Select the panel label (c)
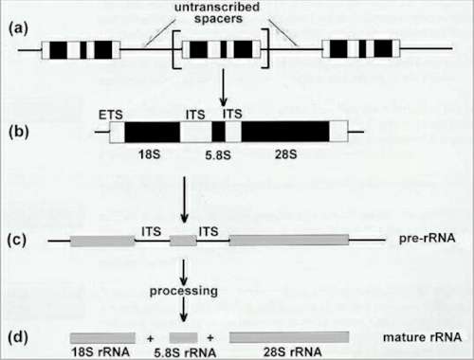pos(17,241)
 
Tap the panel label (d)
pos(17,335)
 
